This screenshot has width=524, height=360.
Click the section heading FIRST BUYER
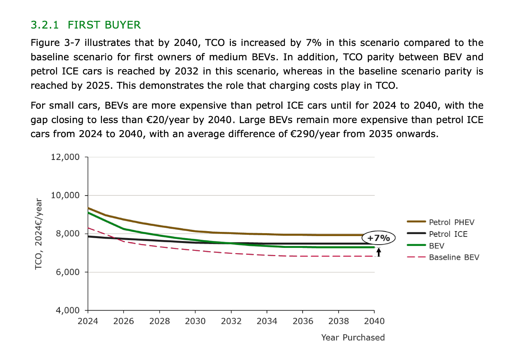click(x=104, y=25)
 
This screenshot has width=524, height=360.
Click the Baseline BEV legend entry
click(x=454, y=257)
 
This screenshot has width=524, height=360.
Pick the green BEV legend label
click(x=436, y=246)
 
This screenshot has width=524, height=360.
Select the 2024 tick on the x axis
click(x=88, y=321)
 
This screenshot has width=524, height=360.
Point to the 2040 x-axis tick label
click(x=374, y=321)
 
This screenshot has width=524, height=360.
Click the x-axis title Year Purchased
click(x=353, y=337)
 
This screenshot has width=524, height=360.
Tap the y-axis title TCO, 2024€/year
click(x=38, y=234)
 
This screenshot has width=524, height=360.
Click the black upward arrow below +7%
click(x=379, y=251)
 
